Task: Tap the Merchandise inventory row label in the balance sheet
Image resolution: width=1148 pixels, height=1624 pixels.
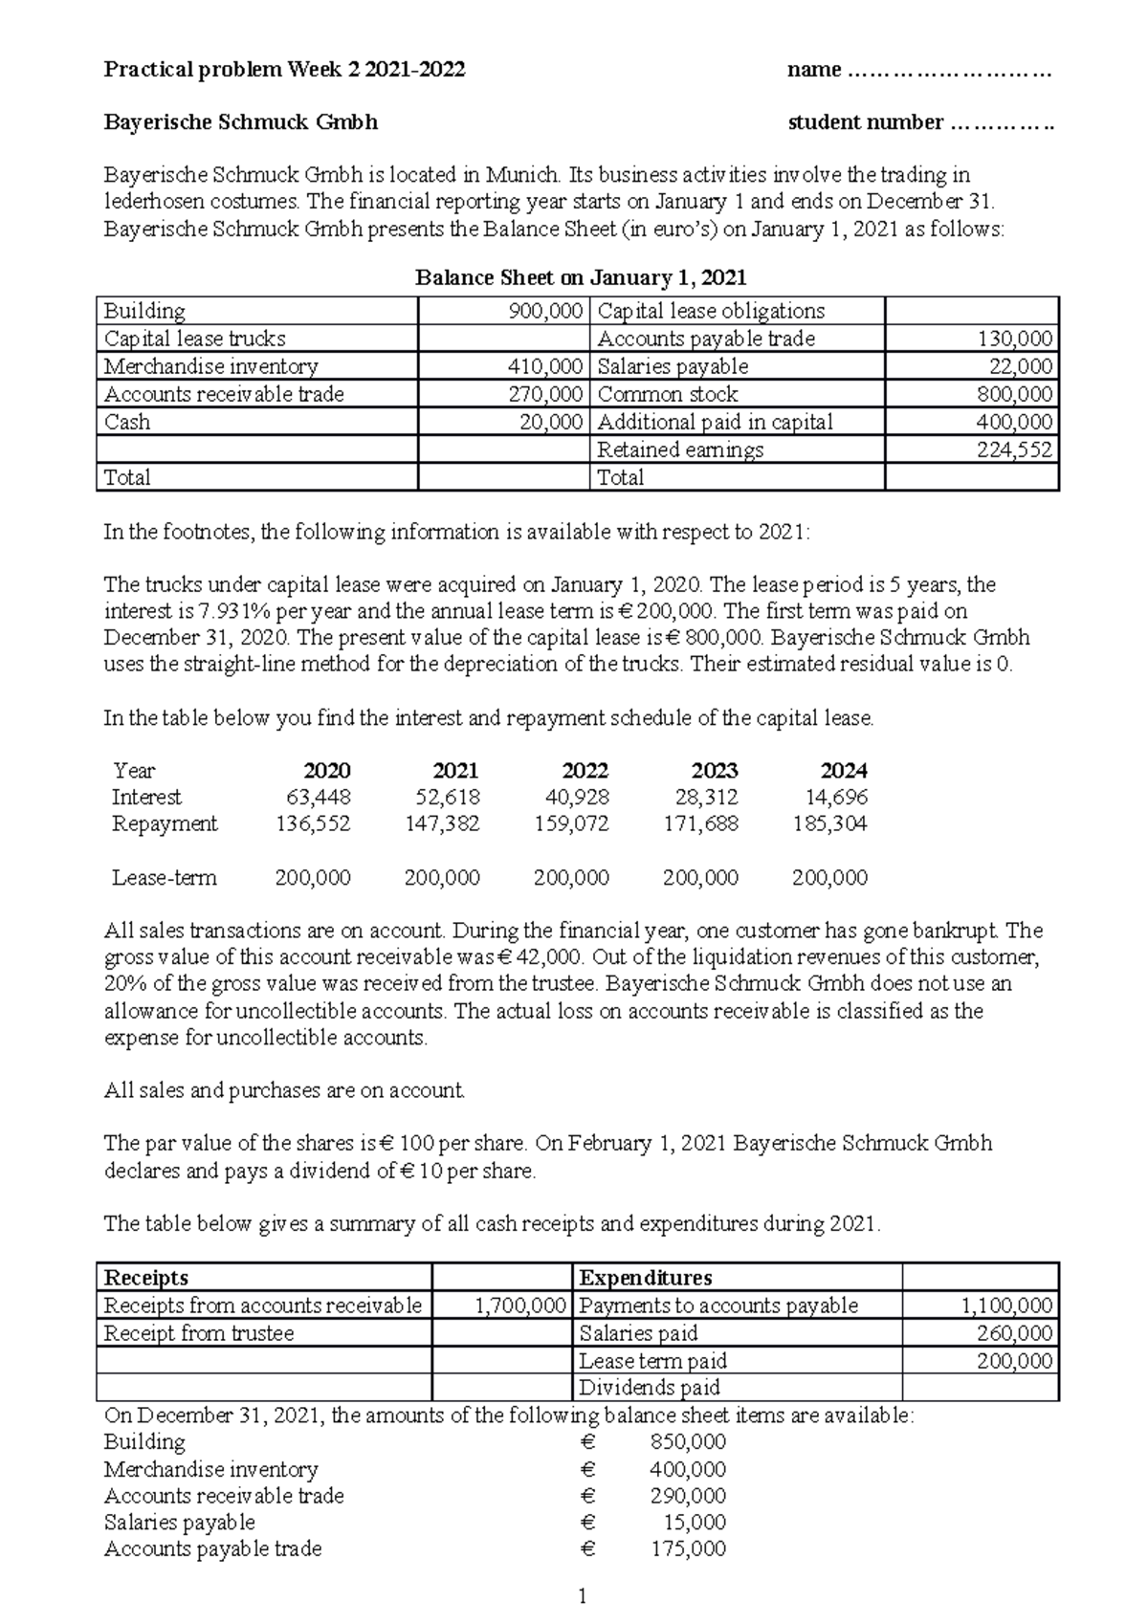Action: [210, 366]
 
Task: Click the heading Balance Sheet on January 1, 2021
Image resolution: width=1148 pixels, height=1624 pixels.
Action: [580, 277]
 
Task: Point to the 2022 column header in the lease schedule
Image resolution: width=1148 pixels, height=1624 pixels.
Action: [585, 771]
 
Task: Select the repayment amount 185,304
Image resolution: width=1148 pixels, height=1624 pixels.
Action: [829, 823]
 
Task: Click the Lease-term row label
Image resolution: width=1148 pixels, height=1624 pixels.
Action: [164, 878]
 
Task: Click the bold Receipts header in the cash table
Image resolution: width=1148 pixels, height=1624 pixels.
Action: [145, 1278]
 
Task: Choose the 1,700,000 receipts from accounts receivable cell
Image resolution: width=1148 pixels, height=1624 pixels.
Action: [520, 1306]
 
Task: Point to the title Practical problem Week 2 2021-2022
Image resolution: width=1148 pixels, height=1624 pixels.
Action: [284, 69]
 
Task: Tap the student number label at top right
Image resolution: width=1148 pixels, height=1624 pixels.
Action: [865, 122]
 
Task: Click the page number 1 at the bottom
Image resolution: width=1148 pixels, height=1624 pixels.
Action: [581, 1595]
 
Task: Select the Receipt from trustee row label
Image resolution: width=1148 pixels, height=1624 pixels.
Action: [198, 1333]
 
